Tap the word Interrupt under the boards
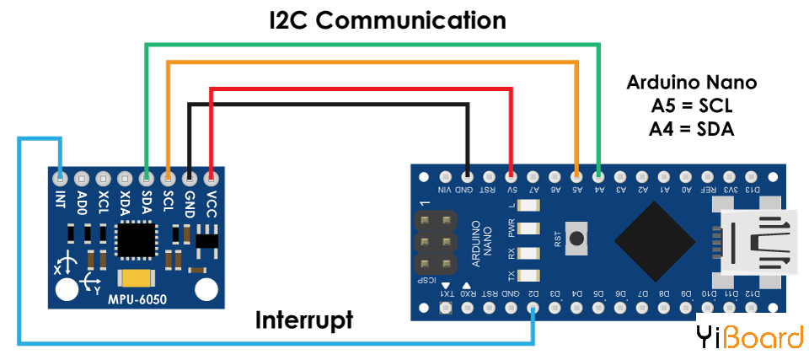pos(304,320)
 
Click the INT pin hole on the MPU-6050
pos(60,178)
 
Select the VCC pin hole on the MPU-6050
pos(211,178)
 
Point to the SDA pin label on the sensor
pos(147,203)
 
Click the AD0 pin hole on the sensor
pos(82,178)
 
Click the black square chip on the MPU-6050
pos(135,239)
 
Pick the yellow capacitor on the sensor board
pos(137,279)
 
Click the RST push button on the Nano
pos(576,238)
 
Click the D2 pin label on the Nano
pos(533,293)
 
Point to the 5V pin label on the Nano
pos(511,189)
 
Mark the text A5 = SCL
pos(692,106)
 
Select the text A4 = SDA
pos(692,129)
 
